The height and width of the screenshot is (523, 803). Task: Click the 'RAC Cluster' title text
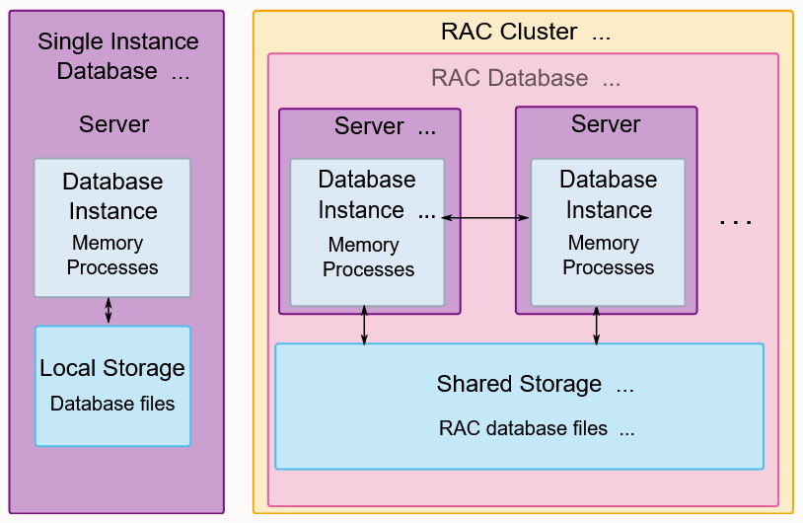[509, 32]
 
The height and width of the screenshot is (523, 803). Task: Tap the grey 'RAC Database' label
[510, 78]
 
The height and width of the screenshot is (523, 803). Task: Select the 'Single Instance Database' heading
[117, 56]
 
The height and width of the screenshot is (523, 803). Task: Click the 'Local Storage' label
[112, 368]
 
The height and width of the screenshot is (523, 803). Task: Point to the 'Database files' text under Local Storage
[112, 404]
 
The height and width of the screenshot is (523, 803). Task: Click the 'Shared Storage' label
[519, 384]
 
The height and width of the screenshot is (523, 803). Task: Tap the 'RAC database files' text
[523, 428]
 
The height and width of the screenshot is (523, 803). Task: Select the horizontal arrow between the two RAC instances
[485, 218]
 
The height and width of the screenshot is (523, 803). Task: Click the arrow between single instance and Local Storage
[109, 311]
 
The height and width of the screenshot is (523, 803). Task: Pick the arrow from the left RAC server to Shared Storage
[364, 326]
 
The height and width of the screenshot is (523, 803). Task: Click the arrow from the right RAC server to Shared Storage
[596, 326]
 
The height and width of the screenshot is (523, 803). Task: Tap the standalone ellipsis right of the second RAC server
[735, 222]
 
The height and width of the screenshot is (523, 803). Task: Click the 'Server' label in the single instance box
[113, 124]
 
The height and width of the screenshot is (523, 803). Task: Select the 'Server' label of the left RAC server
[369, 126]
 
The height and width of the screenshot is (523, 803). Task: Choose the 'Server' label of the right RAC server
[606, 124]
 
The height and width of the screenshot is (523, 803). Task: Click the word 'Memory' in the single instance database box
[108, 243]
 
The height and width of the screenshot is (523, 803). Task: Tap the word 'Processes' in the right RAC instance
[609, 267]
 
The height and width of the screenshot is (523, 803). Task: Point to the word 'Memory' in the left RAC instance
[364, 245]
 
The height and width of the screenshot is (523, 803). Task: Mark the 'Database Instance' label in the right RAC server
[609, 194]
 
